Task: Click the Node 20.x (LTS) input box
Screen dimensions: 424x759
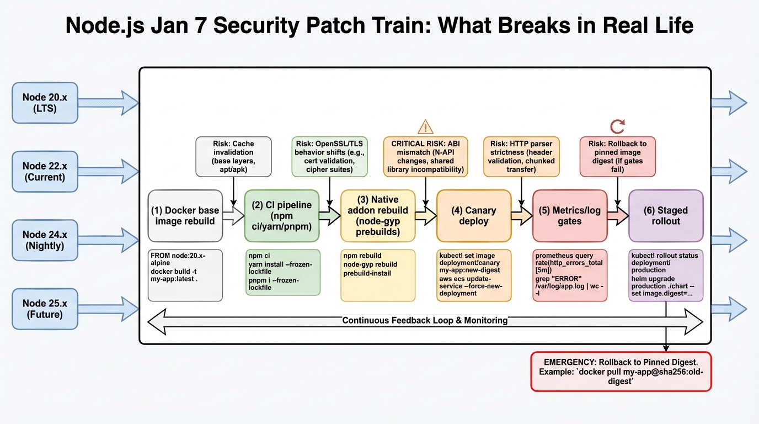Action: point(45,103)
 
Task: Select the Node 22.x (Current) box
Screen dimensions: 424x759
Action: point(45,171)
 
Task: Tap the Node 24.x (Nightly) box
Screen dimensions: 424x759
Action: point(45,240)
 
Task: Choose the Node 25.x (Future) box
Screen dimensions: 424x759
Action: point(45,309)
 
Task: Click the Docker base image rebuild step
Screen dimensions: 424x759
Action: point(185,216)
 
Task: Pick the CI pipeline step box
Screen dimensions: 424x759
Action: point(282,216)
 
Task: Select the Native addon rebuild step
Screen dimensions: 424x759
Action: point(377,216)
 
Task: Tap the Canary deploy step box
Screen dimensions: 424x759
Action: point(474,216)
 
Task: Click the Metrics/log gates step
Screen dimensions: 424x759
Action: point(569,216)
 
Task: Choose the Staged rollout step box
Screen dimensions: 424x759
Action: point(666,216)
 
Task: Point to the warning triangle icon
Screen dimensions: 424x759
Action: point(425,126)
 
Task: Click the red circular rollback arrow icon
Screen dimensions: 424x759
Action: point(617,126)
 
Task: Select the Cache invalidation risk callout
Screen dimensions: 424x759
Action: point(233,157)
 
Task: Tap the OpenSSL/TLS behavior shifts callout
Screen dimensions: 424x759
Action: point(329,157)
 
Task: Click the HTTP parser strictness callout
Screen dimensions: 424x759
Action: point(521,157)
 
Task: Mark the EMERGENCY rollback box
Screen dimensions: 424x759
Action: point(621,372)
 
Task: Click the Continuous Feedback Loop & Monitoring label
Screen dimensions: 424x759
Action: point(425,320)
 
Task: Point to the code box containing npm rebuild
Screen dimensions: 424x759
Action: point(377,275)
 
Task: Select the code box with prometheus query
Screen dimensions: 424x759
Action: point(569,275)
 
